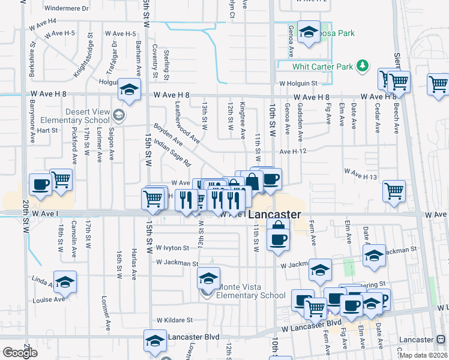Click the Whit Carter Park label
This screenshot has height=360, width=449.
[322, 67]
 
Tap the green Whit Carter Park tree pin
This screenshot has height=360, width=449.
[362, 65]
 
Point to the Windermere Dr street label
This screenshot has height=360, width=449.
[66, 9]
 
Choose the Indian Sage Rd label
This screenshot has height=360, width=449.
[172, 153]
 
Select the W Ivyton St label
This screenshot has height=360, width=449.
[172, 247]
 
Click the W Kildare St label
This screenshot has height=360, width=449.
[174, 320]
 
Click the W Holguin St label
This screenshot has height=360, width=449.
[297, 83]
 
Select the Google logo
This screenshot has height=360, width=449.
[20, 353]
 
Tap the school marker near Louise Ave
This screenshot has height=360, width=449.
[65, 281]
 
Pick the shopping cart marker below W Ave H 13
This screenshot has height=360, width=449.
[394, 191]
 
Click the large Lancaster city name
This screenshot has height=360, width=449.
[274, 214]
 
